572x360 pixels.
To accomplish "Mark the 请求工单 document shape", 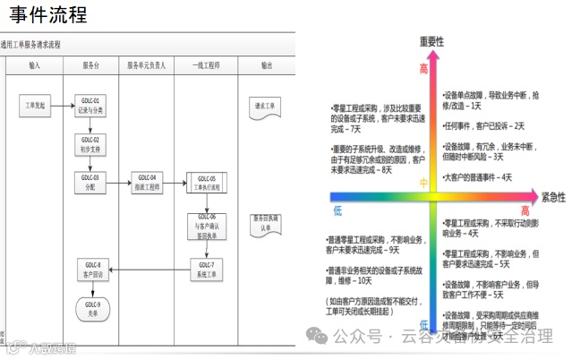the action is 266,106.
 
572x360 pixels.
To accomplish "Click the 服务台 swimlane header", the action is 90,65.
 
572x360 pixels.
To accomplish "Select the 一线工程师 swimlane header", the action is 206,65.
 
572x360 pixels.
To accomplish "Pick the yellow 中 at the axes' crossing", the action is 424,184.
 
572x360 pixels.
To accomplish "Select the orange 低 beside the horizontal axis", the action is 337,210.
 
